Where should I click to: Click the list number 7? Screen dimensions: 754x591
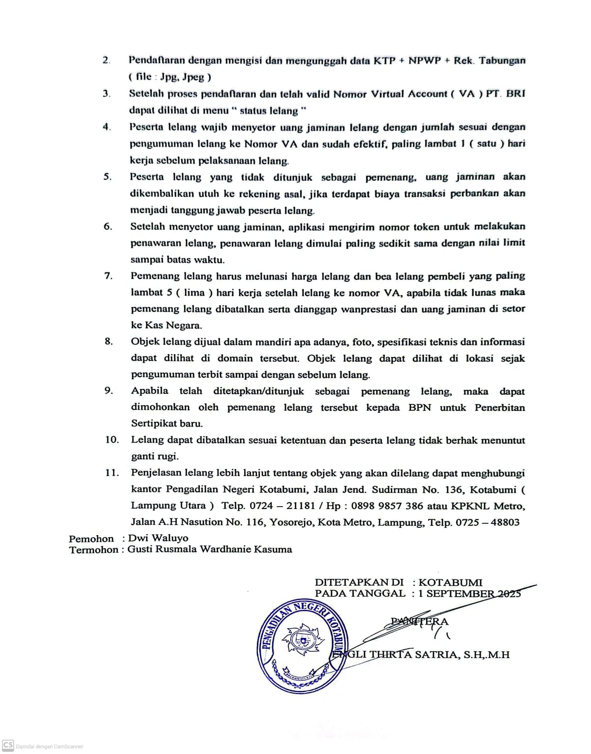tap(108, 276)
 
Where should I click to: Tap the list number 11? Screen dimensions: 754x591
tap(112, 473)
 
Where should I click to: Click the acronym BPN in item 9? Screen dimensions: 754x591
tap(419, 408)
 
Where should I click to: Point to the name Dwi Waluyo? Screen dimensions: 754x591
tap(158, 538)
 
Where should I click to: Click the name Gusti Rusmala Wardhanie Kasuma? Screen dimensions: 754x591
tap(210, 549)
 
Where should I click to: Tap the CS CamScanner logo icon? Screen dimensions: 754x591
tap(8, 745)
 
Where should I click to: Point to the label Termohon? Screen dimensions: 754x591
tap(93, 550)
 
